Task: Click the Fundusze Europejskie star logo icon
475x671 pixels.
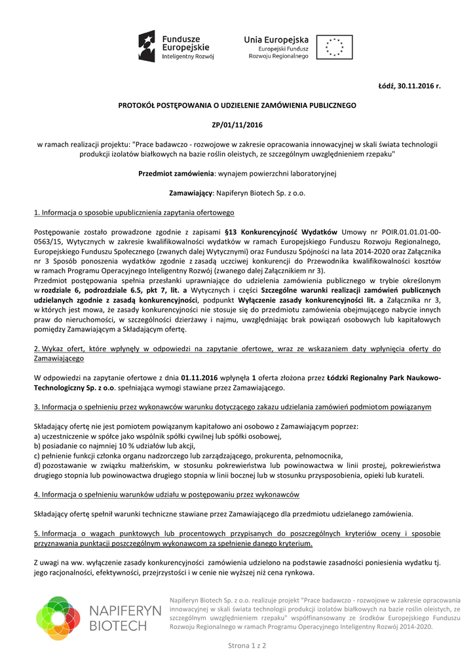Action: pyautogui.click(x=146, y=47)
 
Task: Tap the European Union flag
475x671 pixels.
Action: pyautogui.click(x=334, y=47)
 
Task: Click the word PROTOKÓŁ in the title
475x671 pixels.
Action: pyautogui.click(x=140, y=105)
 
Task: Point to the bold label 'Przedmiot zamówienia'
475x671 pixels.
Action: pyautogui.click(x=176, y=174)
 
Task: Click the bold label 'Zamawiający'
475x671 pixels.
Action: pyautogui.click(x=190, y=193)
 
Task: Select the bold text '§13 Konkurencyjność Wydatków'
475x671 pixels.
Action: pyautogui.click(x=280, y=232)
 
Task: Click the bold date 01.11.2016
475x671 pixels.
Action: pyautogui.click(x=199, y=378)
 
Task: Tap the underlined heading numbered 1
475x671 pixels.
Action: pyautogui.click(x=134, y=213)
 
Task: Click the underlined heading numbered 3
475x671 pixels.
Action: pyautogui.click(x=232, y=407)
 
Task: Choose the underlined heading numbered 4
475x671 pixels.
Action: pyautogui.click(x=166, y=494)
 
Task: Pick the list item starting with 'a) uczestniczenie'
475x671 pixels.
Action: pyautogui.click(x=157, y=436)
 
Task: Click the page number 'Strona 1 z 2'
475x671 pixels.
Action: pyautogui.click(x=246, y=646)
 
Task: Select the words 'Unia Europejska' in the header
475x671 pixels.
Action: pyautogui.click(x=275, y=39)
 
